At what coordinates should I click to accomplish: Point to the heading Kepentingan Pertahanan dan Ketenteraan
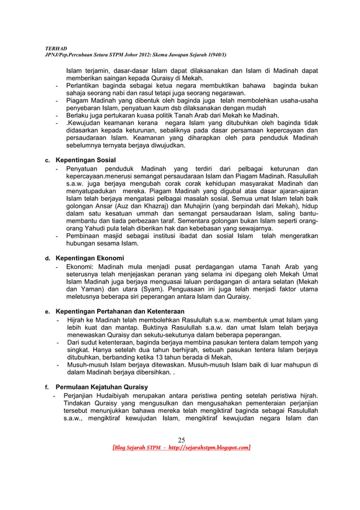pyautogui.click(x=120, y=311)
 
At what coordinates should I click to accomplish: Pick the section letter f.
pyautogui.click(x=47, y=387)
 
